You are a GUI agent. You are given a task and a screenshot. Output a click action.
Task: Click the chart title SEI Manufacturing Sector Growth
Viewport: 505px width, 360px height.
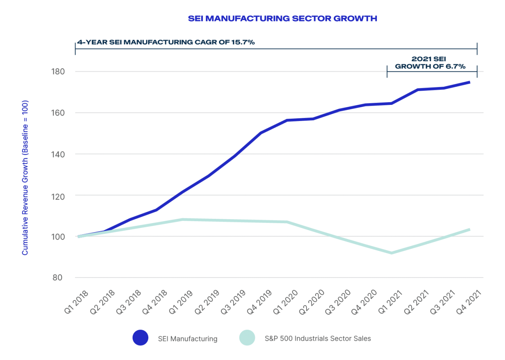coord(282,19)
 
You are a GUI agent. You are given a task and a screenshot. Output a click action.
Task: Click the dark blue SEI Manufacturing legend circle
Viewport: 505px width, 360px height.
coord(140,338)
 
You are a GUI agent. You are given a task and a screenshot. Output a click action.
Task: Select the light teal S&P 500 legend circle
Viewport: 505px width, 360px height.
coord(247,338)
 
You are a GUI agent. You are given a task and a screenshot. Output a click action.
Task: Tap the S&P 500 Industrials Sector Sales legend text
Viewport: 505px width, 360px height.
coord(318,338)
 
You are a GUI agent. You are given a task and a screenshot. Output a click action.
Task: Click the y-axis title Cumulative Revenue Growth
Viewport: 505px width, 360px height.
coord(25,177)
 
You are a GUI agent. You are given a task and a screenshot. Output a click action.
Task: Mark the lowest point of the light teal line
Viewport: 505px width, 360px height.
coord(391,253)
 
